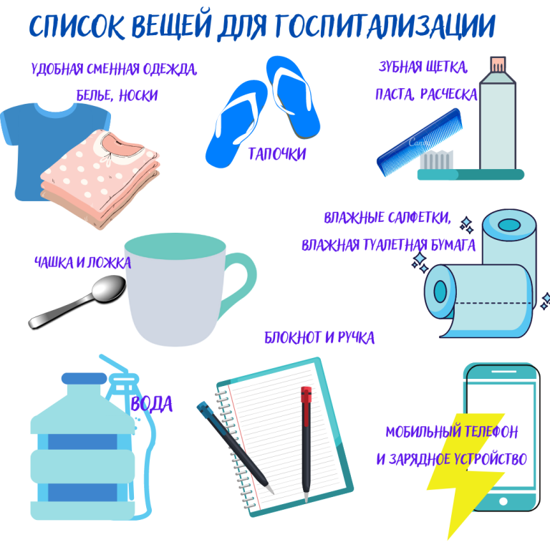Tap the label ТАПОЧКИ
pyautogui.click(x=277, y=154)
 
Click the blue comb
pyautogui.click(x=420, y=142)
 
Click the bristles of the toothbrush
pyautogui.click(x=437, y=160)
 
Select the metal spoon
pyautogui.click(x=77, y=301)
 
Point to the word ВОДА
pyautogui.click(x=152, y=404)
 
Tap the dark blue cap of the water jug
pyautogui.click(x=85, y=378)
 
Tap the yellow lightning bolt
pyautogui.click(x=466, y=473)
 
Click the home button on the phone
pyautogui.click(x=503, y=501)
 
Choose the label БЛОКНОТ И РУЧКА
pyautogui.click(x=319, y=337)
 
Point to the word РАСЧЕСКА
pyautogui.click(x=448, y=94)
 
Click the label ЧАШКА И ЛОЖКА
pyautogui.click(x=83, y=262)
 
